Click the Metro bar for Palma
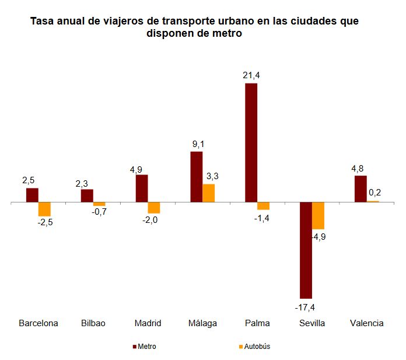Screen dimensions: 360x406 [251, 143]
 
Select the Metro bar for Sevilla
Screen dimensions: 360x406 [306, 250]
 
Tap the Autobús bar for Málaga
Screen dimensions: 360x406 [208, 193]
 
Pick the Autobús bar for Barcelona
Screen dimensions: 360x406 [44, 209]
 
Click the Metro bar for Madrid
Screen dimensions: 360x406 [142, 188]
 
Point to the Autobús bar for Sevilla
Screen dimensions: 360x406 [318, 216]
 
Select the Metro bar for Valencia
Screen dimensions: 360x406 [360, 189]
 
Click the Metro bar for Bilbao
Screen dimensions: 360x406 [87, 196]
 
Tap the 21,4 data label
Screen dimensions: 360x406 [251, 75]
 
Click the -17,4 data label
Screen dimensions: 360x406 [306, 307]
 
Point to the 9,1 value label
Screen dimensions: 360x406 [197, 144]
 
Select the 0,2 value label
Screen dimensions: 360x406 [374, 192]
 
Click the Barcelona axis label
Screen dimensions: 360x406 [38, 323]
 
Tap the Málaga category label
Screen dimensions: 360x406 [202, 323]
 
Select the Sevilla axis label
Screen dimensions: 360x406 [311, 323]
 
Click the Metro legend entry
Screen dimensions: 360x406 [144, 346]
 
